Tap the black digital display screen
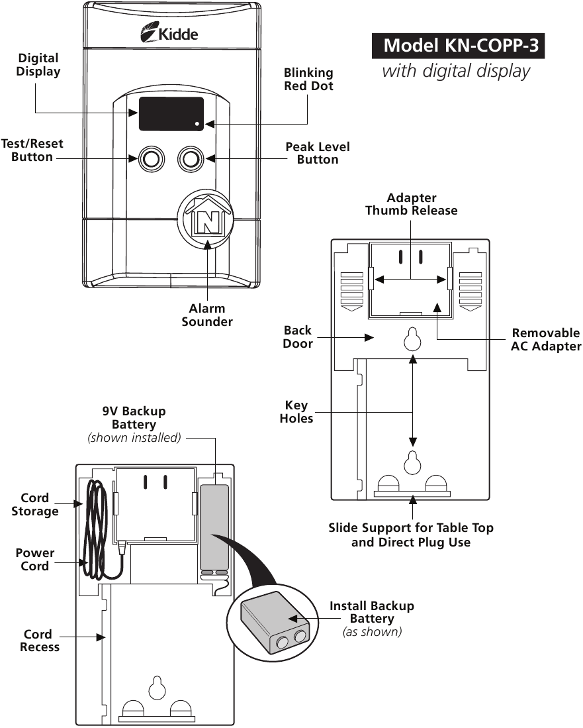[x=171, y=114]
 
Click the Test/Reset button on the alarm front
[x=151, y=159]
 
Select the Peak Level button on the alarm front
[x=191, y=159]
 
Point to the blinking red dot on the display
[x=197, y=124]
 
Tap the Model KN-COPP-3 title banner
[x=458, y=46]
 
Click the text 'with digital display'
[x=456, y=71]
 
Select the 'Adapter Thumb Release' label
[x=412, y=204]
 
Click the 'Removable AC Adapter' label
[x=546, y=339]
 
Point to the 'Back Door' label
[x=298, y=337]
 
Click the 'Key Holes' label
[x=296, y=412]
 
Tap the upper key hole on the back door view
[x=412, y=339]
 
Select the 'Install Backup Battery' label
[x=372, y=612]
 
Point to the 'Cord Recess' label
[x=40, y=641]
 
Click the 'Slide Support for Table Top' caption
[x=411, y=528]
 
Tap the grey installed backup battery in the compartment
[x=214, y=527]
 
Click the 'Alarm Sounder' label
[x=207, y=315]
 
